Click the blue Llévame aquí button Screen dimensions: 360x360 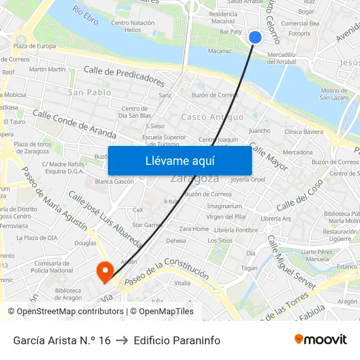point(179,160)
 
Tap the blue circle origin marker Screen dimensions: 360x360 point(255,37)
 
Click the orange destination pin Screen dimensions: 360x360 point(104,272)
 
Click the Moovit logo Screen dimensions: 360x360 point(321,340)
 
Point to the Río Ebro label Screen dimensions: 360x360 point(86,15)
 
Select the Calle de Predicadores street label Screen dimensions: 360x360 point(124,76)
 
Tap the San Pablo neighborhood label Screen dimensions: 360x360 point(89,92)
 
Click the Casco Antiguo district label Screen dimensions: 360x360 point(203,117)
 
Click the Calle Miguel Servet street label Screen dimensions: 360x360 point(291,258)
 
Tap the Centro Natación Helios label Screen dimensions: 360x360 point(133,26)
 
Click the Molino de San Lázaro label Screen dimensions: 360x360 point(334,94)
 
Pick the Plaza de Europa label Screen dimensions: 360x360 point(34,46)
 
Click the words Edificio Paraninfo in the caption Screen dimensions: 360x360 point(177,340)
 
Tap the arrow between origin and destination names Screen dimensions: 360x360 point(122,340)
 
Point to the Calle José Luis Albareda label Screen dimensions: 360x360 point(105,219)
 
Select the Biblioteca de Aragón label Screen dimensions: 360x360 point(69,295)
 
